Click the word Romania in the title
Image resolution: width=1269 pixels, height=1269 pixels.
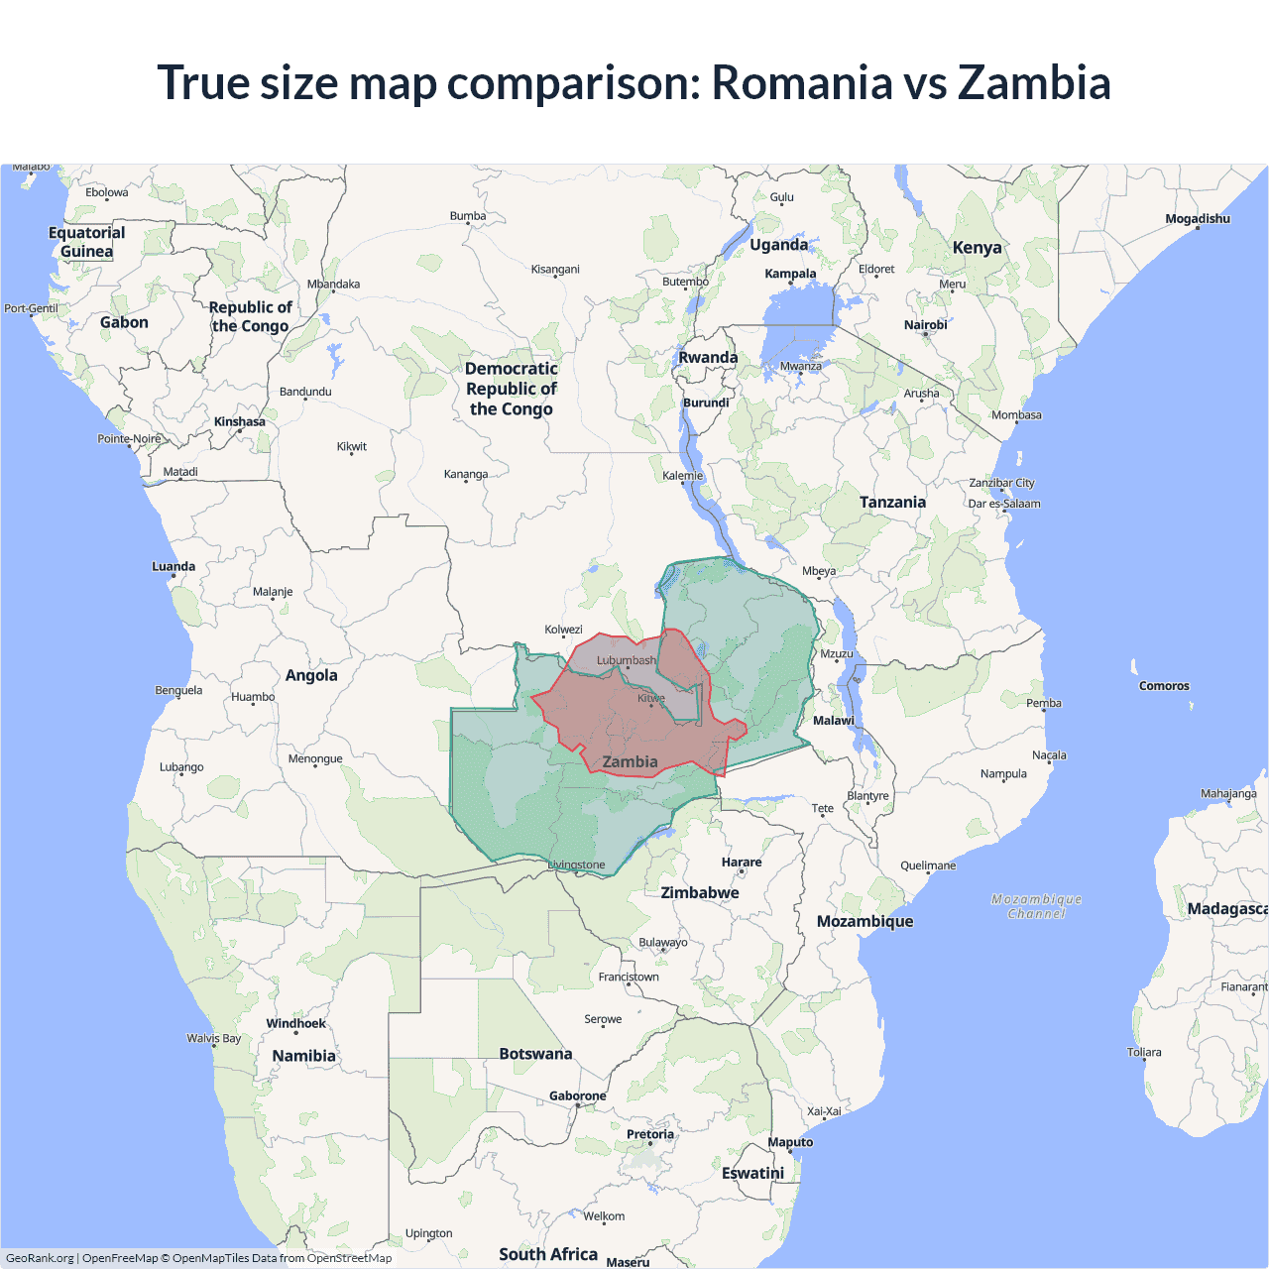tap(801, 82)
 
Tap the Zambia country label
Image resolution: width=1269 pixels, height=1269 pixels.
tap(630, 761)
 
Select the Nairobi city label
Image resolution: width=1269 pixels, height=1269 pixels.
tap(925, 325)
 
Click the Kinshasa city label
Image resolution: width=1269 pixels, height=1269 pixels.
tap(240, 421)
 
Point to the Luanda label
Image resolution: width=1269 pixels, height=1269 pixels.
tap(173, 567)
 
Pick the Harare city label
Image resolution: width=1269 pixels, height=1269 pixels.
tap(742, 863)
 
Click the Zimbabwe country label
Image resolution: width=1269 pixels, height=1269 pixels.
tap(700, 892)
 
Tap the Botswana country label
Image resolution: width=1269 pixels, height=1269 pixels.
tap(535, 1054)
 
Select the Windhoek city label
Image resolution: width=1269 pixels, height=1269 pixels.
tap(295, 1023)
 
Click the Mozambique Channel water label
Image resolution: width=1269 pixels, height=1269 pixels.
tap(1036, 906)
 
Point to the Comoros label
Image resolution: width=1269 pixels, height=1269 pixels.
tap(1164, 686)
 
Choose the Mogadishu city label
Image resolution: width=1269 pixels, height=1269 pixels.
tap(1198, 219)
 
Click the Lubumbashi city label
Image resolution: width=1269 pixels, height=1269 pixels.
tap(627, 660)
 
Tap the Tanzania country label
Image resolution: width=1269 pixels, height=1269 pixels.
tap(892, 503)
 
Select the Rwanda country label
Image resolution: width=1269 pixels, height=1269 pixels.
tap(708, 358)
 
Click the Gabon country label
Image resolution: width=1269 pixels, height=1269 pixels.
tap(124, 322)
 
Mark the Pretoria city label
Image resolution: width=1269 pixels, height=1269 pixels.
tap(650, 1134)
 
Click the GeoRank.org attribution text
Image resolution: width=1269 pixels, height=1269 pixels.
tap(40, 1258)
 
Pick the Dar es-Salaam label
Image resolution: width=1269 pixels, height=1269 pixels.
tap(1004, 504)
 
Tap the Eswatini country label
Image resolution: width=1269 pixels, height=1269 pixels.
tap(752, 1173)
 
